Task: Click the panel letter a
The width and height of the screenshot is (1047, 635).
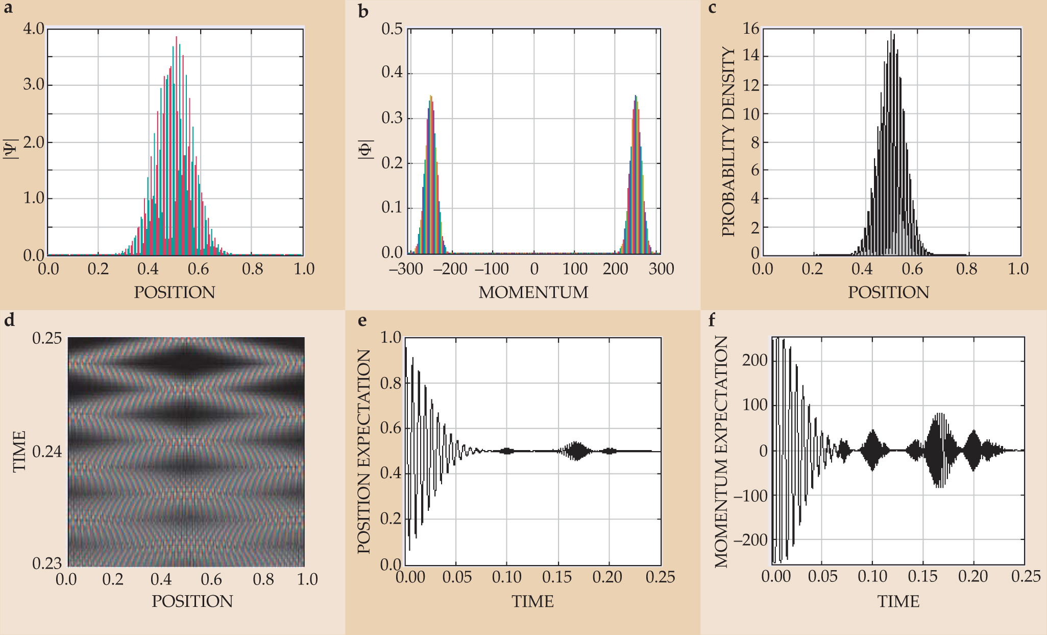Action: (9, 9)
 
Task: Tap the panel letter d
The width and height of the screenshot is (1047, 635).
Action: (9, 320)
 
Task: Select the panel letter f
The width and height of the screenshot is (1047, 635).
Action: (712, 320)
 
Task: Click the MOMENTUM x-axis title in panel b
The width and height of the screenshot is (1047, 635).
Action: (533, 292)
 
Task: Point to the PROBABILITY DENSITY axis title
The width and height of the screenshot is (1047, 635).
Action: (728, 142)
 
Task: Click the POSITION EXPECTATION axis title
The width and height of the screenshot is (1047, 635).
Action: (363, 451)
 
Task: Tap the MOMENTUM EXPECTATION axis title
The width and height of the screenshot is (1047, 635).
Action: (721, 452)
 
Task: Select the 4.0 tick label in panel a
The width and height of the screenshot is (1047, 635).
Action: (34, 29)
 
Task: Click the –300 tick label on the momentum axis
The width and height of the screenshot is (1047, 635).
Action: (406, 269)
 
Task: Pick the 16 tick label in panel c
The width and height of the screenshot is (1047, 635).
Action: (751, 29)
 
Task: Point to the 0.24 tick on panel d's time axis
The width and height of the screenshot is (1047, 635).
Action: (47, 452)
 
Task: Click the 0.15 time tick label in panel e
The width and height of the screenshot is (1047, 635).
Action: (557, 577)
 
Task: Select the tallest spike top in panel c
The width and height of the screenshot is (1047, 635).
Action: (891, 32)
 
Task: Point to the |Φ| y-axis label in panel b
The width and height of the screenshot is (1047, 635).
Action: (366, 150)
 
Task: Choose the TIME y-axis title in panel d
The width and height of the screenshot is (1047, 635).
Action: (19, 451)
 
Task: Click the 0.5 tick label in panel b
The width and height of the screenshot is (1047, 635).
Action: (392, 29)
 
